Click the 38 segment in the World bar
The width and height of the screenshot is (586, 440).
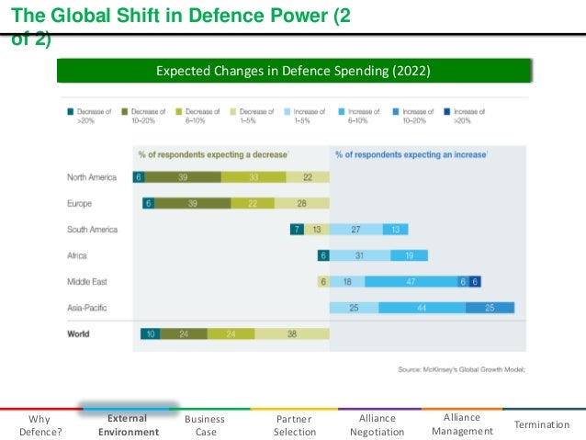click(291, 334)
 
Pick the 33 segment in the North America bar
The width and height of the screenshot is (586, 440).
click(253, 177)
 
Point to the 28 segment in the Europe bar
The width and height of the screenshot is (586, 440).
click(302, 203)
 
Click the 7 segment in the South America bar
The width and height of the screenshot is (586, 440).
click(297, 230)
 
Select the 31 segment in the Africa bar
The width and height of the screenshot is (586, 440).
click(359, 255)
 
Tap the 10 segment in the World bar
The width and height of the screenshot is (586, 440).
click(149, 334)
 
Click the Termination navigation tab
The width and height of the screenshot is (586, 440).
click(542, 424)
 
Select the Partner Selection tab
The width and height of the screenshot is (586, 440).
click(295, 424)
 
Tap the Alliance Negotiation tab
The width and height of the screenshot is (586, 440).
click(378, 424)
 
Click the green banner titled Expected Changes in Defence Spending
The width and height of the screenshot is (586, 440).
click(293, 71)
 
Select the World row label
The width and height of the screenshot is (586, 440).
click(78, 334)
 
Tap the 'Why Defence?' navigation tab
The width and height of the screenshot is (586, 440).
click(40, 424)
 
